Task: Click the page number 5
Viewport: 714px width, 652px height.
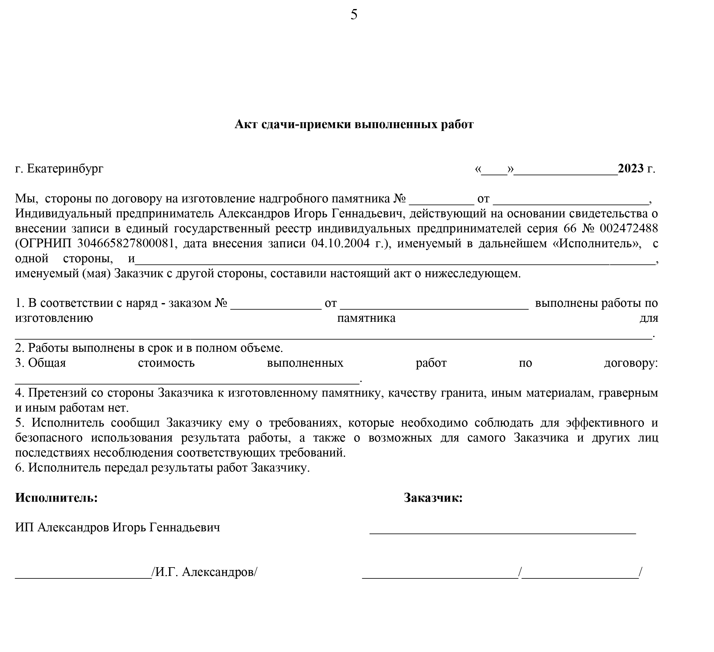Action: coord(354,15)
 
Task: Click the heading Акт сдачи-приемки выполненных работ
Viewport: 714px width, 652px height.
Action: coord(354,124)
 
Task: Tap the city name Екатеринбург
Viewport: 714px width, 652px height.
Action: coord(65,169)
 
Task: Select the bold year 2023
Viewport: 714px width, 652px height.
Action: coord(631,169)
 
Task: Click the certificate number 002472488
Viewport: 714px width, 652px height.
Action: coord(629,229)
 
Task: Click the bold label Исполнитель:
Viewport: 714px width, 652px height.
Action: coord(56,498)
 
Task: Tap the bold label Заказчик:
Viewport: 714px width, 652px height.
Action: coord(433,498)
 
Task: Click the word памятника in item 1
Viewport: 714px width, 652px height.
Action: coord(366,318)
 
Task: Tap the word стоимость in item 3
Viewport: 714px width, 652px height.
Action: coord(166,363)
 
